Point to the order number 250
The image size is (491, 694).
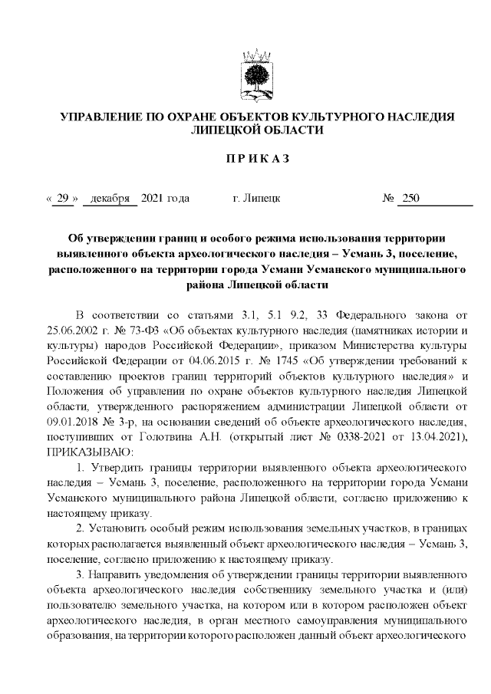(410, 199)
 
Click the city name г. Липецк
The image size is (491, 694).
(255, 199)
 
